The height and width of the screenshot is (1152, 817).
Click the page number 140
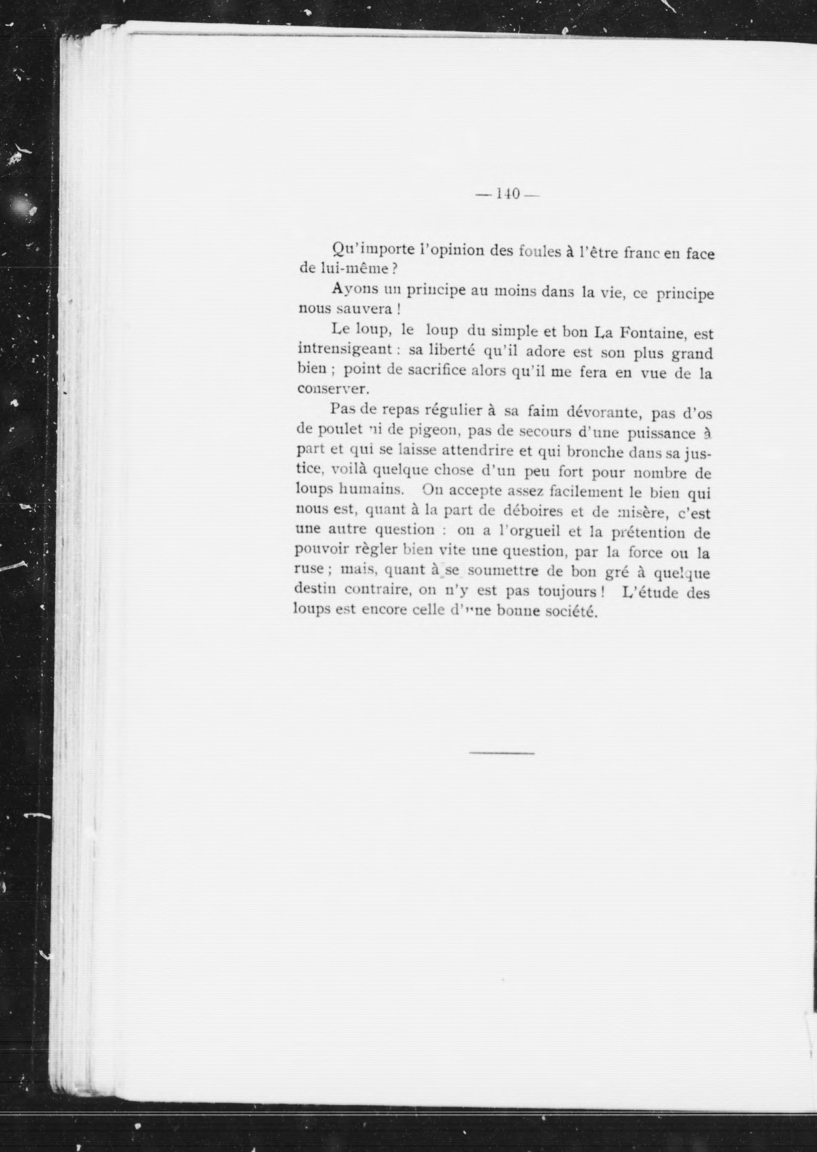point(507,194)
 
